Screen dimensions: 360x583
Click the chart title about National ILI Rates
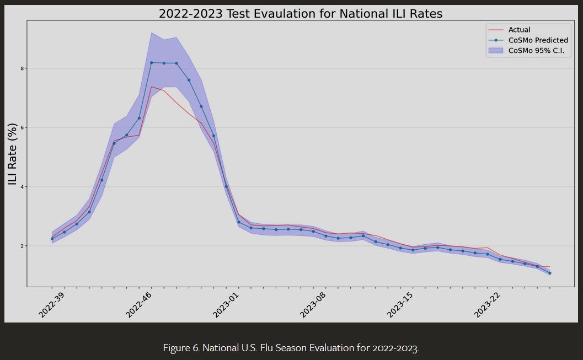[300, 14]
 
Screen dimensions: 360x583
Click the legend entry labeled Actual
[519, 30]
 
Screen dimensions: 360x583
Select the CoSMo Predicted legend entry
[538, 40]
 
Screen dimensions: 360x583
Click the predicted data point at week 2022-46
[151, 63]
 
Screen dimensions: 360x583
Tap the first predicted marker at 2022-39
[52, 239]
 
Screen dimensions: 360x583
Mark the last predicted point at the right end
[549, 273]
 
